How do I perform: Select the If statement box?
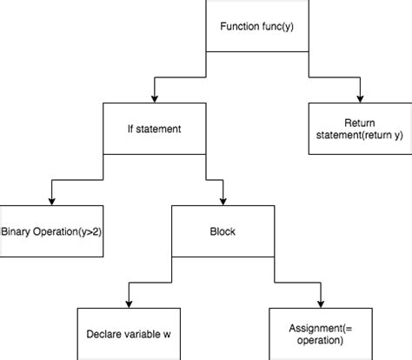click(154, 130)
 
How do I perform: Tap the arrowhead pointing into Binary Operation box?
click(51, 199)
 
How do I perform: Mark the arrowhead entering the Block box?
click(210, 199)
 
